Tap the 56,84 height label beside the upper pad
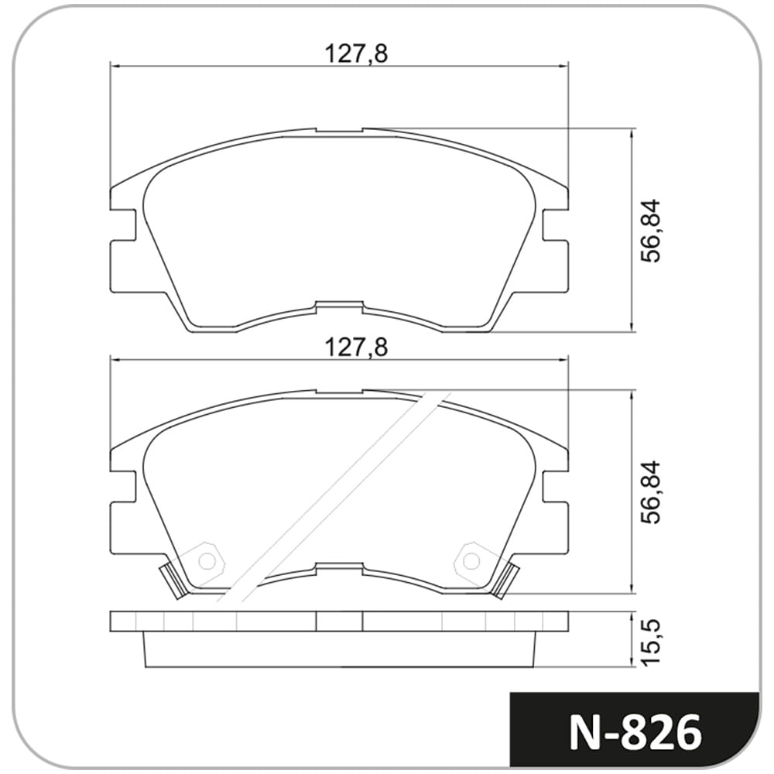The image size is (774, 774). [x=652, y=231]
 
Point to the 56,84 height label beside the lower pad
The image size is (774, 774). [x=652, y=492]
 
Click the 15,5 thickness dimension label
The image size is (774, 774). [x=652, y=639]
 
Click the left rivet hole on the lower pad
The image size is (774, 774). [x=207, y=560]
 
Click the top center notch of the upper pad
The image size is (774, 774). [x=340, y=132]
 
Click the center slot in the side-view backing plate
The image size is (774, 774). [x=340, y=621]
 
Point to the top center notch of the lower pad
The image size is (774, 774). [x=340, y=394]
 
